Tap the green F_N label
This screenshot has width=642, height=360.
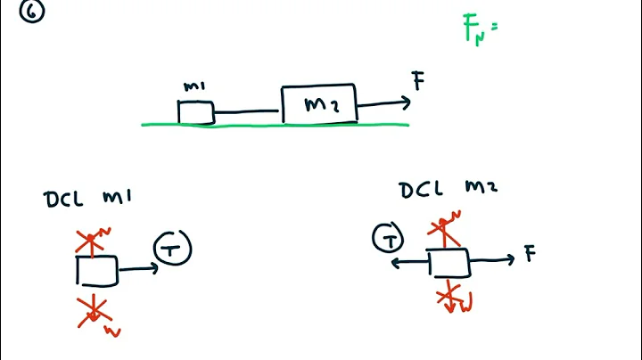pos(475,30)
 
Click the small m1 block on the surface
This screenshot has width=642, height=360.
pos(195,112)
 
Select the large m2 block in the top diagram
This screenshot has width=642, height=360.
pos(319,104)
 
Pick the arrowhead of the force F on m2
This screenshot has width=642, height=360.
pos(406,102)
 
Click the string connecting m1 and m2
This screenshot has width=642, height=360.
pos(247,113)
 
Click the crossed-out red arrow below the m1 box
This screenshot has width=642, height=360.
pos(93,311)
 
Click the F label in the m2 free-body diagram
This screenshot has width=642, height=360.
pos(530,255)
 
